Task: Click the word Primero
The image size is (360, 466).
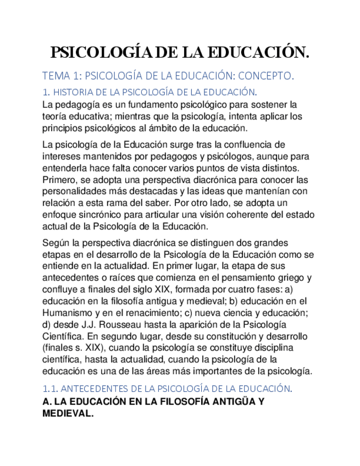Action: pos(60,180)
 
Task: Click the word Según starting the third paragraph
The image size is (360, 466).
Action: pos(56,242)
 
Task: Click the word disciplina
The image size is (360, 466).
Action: pos(274,348)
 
